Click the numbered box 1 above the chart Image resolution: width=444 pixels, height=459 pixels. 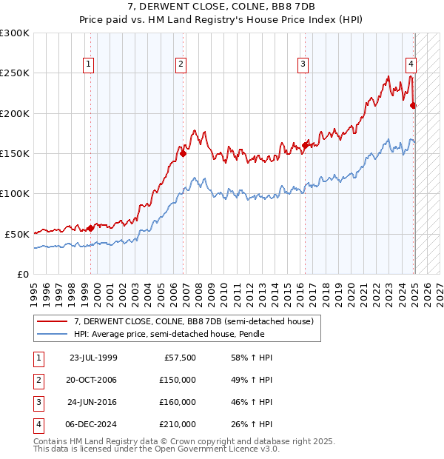tap(88, 64)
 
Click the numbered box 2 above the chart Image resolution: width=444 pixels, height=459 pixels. tap(181, 64)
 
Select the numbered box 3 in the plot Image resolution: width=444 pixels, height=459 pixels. tap(303, 64)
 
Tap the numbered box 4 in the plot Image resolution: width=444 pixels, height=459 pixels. tap(410, 64)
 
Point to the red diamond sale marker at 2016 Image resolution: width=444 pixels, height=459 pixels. tap(305, 146)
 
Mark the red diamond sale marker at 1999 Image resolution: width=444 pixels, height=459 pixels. tap(90, 228)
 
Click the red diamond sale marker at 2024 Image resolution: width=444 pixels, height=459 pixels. tap(413, 106)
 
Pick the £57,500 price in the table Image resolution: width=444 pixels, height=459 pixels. tap(181, 358)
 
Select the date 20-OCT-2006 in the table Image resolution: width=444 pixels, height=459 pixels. tap(92, 380)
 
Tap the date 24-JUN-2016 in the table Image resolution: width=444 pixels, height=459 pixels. tap(92, 402)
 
